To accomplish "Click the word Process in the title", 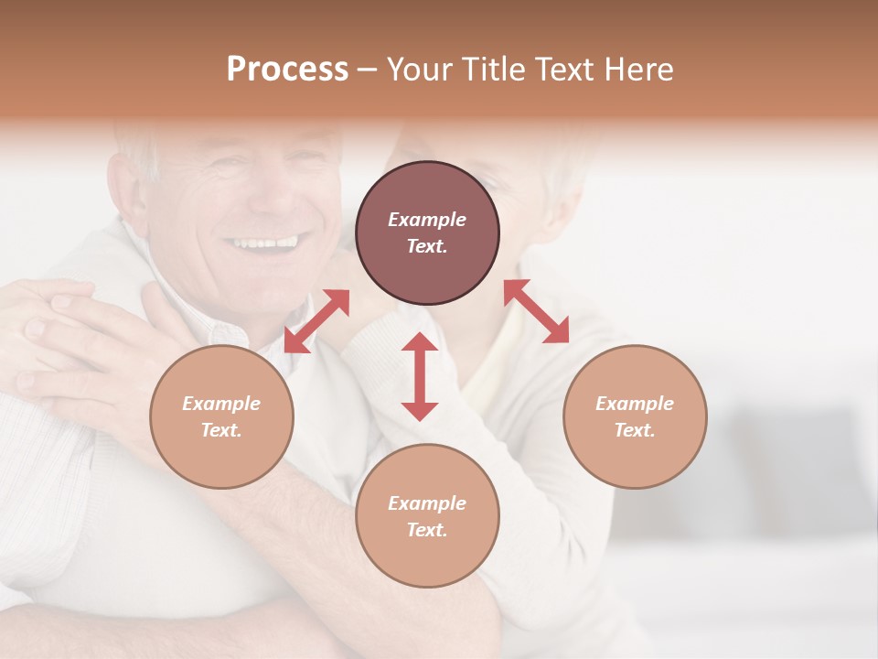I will pos(287,70).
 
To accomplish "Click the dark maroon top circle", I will pos(427,232).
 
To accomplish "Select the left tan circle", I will pos(221,416).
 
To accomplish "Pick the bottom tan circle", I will pos(427,516).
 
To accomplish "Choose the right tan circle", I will pos(635,416).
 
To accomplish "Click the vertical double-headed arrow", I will pos(420,376).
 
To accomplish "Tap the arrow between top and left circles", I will pos(316,320).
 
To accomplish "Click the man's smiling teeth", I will pos(263,243).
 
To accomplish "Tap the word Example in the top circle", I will pos(427,220).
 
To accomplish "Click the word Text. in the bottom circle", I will pos(427,530).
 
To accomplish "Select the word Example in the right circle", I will pos(635,404).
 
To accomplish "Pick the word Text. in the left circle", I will pos(221,430).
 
